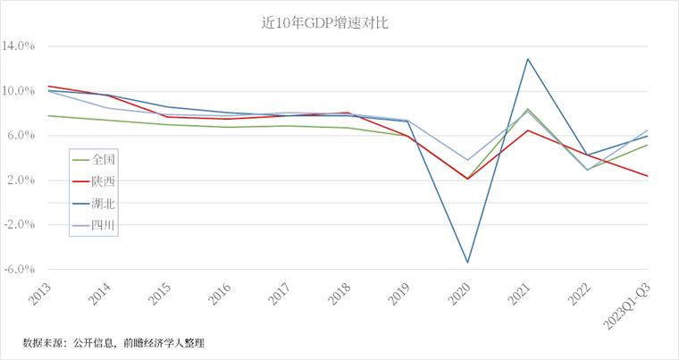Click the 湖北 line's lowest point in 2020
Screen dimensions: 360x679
tap(467, 263)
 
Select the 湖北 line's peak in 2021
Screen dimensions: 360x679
tap(527, 59)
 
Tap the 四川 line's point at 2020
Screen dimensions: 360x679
tap(467, 161)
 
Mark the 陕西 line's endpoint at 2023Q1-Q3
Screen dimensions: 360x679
tap(648, 176)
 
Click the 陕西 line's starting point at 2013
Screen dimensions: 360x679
tap(47, 86)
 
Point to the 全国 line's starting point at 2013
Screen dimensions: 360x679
tap(47, 115)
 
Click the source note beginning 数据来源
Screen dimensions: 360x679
tap(113, 342)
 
